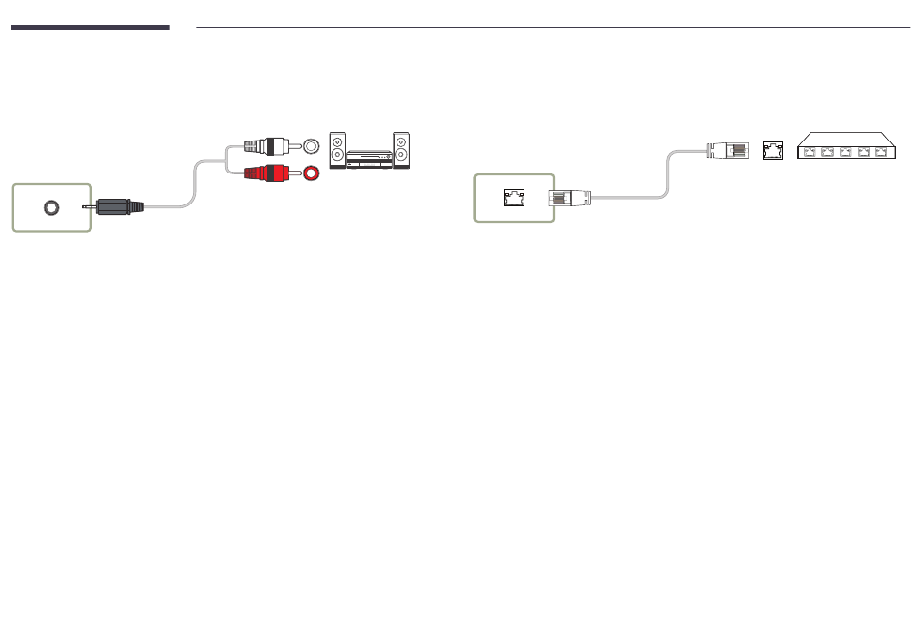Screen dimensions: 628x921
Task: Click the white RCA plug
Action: pyautogui.click(x=267, y=146)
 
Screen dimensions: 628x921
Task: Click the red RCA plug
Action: pyautogui.click(x=267, y=174)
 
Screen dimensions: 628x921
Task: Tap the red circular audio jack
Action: pyautogui.click(x=312, y=174)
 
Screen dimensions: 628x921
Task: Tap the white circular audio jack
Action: pyautogui.click(x=311, y=146)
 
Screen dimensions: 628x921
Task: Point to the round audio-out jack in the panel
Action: pyautogui.click(x=51, y=207)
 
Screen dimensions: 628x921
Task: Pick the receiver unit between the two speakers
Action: pyautogui.click(x=369, y=158)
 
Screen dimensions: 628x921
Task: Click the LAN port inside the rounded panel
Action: pyautogui.click(x=513, y=198)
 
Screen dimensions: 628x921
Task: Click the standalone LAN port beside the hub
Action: pyautogui.click(x=773, y=150)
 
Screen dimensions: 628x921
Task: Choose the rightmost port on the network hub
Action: pyautogui.click(x=881, y=151)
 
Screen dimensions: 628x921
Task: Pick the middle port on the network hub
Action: pyautogui.click(x=845, y=151)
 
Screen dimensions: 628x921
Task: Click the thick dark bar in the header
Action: pyautogui.click(x=89, y=27)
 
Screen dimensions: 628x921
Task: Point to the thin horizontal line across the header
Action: pyautogui.click(x=553, y=28)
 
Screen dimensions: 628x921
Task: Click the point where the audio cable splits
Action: pyautogui.click(x=228, y=161)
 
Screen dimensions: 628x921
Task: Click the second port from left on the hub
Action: pyautogui.click(x=827, y=151)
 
